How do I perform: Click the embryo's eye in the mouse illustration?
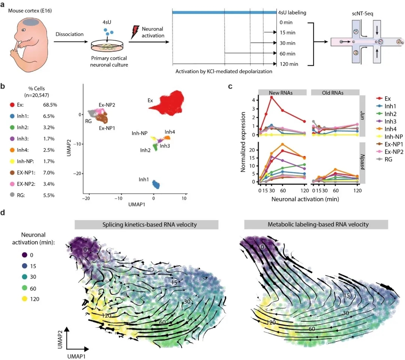[23, 30]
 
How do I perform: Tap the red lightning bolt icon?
[135, 32]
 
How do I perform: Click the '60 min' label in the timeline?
[288, 54]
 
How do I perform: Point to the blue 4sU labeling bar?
[224, 12]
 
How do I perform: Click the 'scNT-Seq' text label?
[362, 13]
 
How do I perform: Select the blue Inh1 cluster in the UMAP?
[156, 184]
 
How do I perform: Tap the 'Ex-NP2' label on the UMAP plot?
[107, 105]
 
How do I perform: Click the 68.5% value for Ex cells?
[50, 105]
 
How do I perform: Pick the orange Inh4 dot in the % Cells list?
[12, 150]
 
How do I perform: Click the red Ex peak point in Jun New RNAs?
[271, 97]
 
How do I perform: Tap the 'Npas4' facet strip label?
[362, 162]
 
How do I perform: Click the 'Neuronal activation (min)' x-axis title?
[305, 199]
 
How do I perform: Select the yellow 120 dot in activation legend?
[24, 299]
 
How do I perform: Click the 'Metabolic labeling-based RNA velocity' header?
[318, 224]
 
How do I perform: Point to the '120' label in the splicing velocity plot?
[106, 316]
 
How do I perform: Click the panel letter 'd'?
[3, 213]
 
